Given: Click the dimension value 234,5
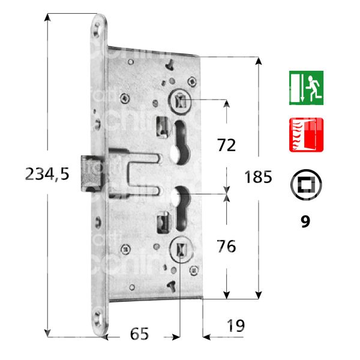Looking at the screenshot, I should (48, 174).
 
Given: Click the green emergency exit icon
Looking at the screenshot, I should (306, 88).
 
